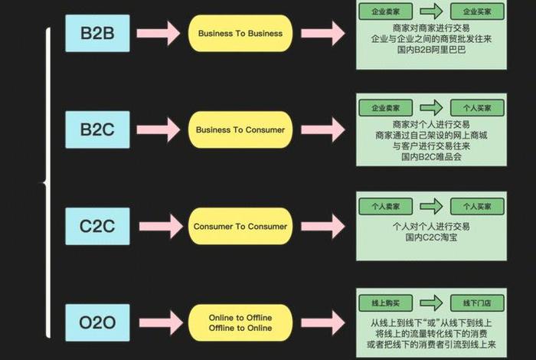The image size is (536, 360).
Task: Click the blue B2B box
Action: tap(97, 34)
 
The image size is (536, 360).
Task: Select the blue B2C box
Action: tap(97, 129)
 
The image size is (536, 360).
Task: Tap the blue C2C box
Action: tap(97, 226)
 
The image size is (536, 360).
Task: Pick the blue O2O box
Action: tap(97, 322)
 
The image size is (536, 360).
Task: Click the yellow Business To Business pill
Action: tap(240, 34)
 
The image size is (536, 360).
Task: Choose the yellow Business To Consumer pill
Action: tap(240, 129)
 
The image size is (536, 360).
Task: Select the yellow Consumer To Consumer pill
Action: tap(240, 226)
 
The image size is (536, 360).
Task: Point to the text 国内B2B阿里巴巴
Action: tap(431, 49)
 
